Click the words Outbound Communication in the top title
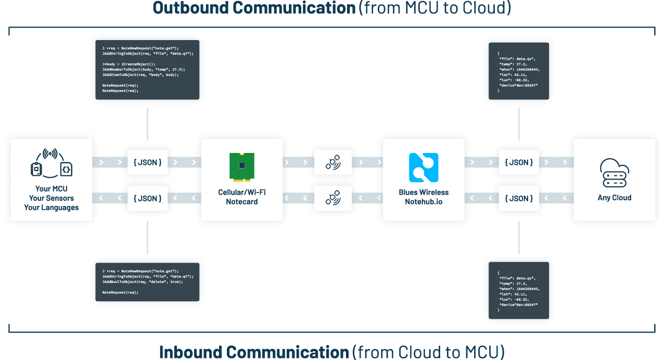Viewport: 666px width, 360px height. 254,8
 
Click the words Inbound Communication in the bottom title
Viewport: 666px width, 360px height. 254,352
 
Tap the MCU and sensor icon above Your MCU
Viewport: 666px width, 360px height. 51,163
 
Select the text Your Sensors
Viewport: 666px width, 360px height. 52,198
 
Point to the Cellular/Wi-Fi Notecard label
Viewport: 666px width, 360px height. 242,197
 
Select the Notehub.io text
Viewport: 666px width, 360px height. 424,202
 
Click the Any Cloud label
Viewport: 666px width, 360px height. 614,198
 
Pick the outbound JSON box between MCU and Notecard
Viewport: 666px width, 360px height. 148,163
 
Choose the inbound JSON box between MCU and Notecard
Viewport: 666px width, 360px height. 148,198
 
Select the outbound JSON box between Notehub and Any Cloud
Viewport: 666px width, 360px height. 519,163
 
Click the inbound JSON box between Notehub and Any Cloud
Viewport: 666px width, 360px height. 519,198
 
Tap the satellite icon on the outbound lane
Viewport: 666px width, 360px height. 333,163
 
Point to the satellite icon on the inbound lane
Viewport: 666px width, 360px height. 333,198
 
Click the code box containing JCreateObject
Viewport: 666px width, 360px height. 148,70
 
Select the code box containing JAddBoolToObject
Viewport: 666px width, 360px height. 148,281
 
